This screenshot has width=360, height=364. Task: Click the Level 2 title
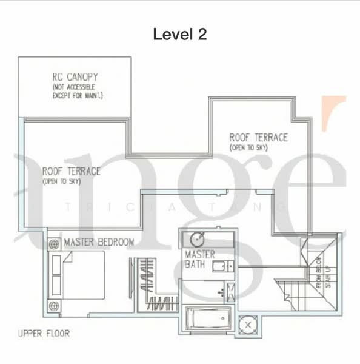[x=180, y=35]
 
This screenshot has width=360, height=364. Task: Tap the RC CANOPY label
[x=75, y=77]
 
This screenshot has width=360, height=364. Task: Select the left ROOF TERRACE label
[x=72, y=171]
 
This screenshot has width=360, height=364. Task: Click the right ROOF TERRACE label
[x=258, y=138]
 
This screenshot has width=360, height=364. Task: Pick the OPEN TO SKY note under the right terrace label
[x=249, y=148]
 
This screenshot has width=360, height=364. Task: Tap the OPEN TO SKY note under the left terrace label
[x=62, y=181]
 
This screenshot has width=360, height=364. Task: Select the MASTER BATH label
[x=199, y=260]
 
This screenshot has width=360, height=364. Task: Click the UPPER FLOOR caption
[x=44, y=333]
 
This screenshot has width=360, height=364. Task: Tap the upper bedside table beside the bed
[x=53, y=243]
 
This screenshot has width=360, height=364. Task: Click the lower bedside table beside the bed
[x=53, y=305]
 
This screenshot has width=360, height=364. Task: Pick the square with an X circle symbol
[x=248, y=326]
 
